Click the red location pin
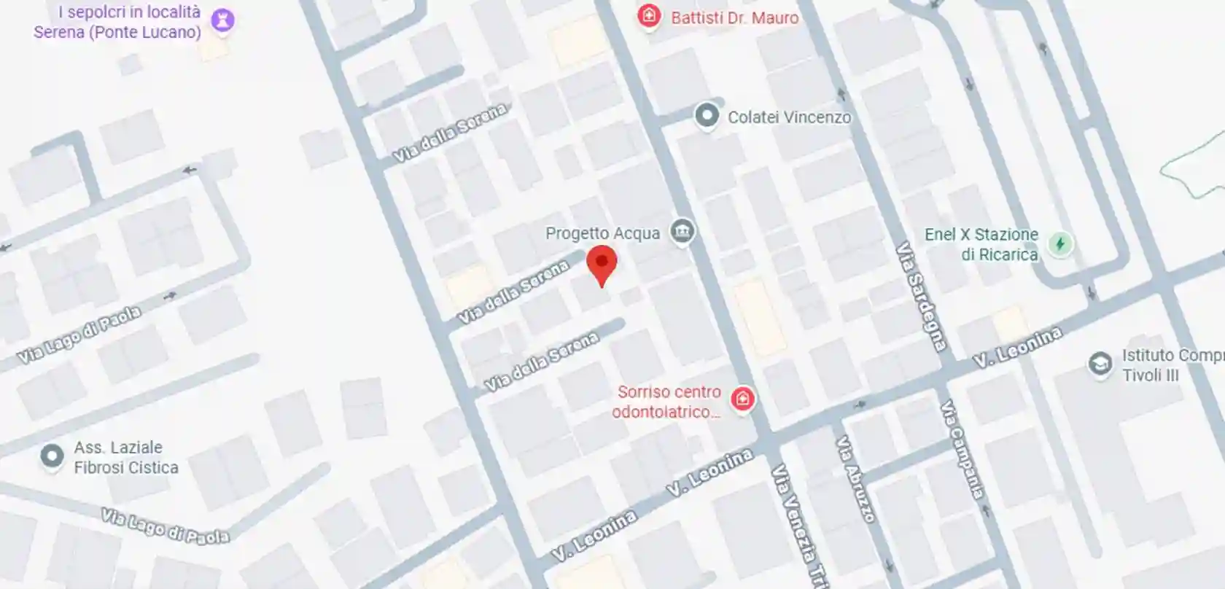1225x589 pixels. pos(602,264)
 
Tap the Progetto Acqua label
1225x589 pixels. pos(602,233)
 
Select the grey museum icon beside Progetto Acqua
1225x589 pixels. pos(682,233)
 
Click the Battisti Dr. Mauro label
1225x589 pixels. pos(734,17)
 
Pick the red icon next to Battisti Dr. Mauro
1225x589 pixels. pos(648,16)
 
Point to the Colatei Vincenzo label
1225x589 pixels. pos(789,117)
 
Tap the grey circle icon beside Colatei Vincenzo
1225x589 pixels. pos(706,115)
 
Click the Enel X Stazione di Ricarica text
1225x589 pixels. pos(981,244)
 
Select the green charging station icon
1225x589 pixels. pos(1060,243)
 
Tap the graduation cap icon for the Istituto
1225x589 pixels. pos(1100,363)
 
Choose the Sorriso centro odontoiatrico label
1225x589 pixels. pos(667,402)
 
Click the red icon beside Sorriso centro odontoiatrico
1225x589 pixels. pos(742,399)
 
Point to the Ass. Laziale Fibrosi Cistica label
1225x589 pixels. pos(125,457)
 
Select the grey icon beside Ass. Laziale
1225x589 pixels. pos(52,456)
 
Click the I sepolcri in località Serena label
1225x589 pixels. pos(118,22)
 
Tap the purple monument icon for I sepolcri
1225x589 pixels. pos(222,20)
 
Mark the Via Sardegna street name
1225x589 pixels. pos(922,295)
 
